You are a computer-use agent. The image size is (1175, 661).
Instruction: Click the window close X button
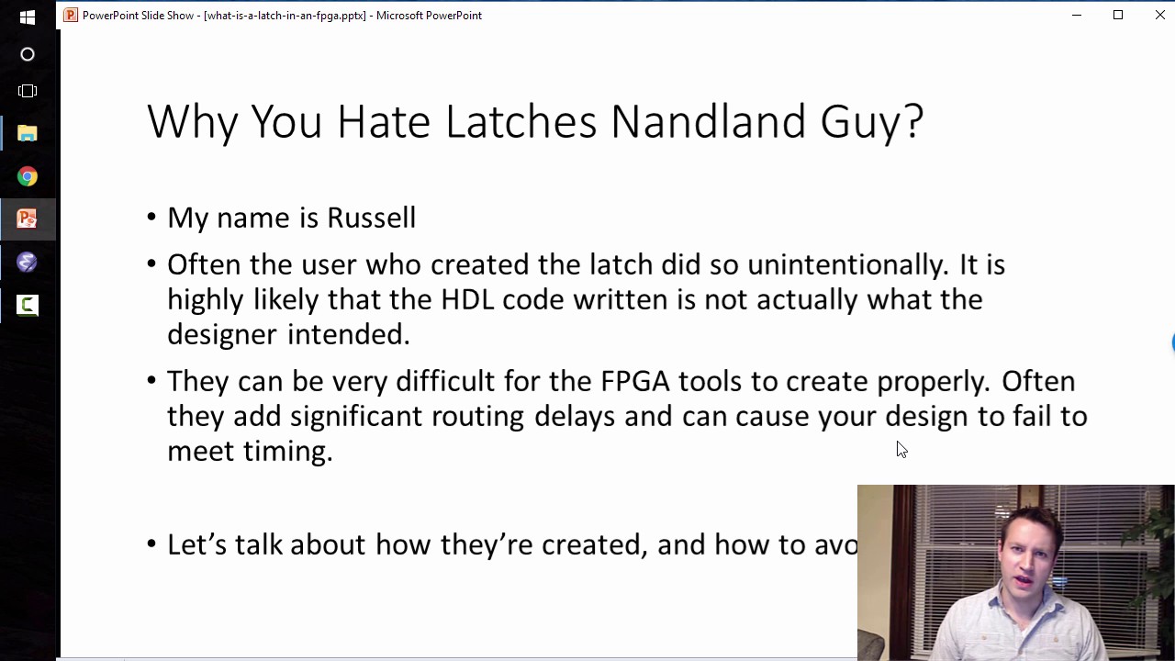tap(1159, 15)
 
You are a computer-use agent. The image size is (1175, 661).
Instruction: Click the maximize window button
tap(1118, 15)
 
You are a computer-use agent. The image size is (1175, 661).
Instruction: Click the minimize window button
tap(1077, 15)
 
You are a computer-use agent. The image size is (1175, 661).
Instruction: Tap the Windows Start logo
tap(28, 17)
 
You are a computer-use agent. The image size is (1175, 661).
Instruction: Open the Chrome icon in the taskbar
tap(28, 176)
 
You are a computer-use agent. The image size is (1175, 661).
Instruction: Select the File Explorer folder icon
tap(28, 134)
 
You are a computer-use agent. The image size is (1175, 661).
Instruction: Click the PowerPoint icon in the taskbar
tap(28, 218)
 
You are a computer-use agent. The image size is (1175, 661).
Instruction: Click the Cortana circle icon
tap(28, 54)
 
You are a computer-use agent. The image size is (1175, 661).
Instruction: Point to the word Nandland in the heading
tap(708, 122)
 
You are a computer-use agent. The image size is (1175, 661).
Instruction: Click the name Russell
tap(371, 218)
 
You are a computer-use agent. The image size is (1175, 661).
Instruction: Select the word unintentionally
tap(846, 264)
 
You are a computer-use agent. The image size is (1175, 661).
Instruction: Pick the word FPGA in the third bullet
tap(634, 381)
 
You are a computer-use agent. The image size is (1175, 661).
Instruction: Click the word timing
tap(286, 451)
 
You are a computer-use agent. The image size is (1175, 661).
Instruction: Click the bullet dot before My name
tap(151, 218)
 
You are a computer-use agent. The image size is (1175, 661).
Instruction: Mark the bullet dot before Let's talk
tap(151, 544)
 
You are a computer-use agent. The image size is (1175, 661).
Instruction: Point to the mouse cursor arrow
tap(901, 448)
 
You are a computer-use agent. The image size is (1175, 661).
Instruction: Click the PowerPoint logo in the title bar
tap(71, 15)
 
